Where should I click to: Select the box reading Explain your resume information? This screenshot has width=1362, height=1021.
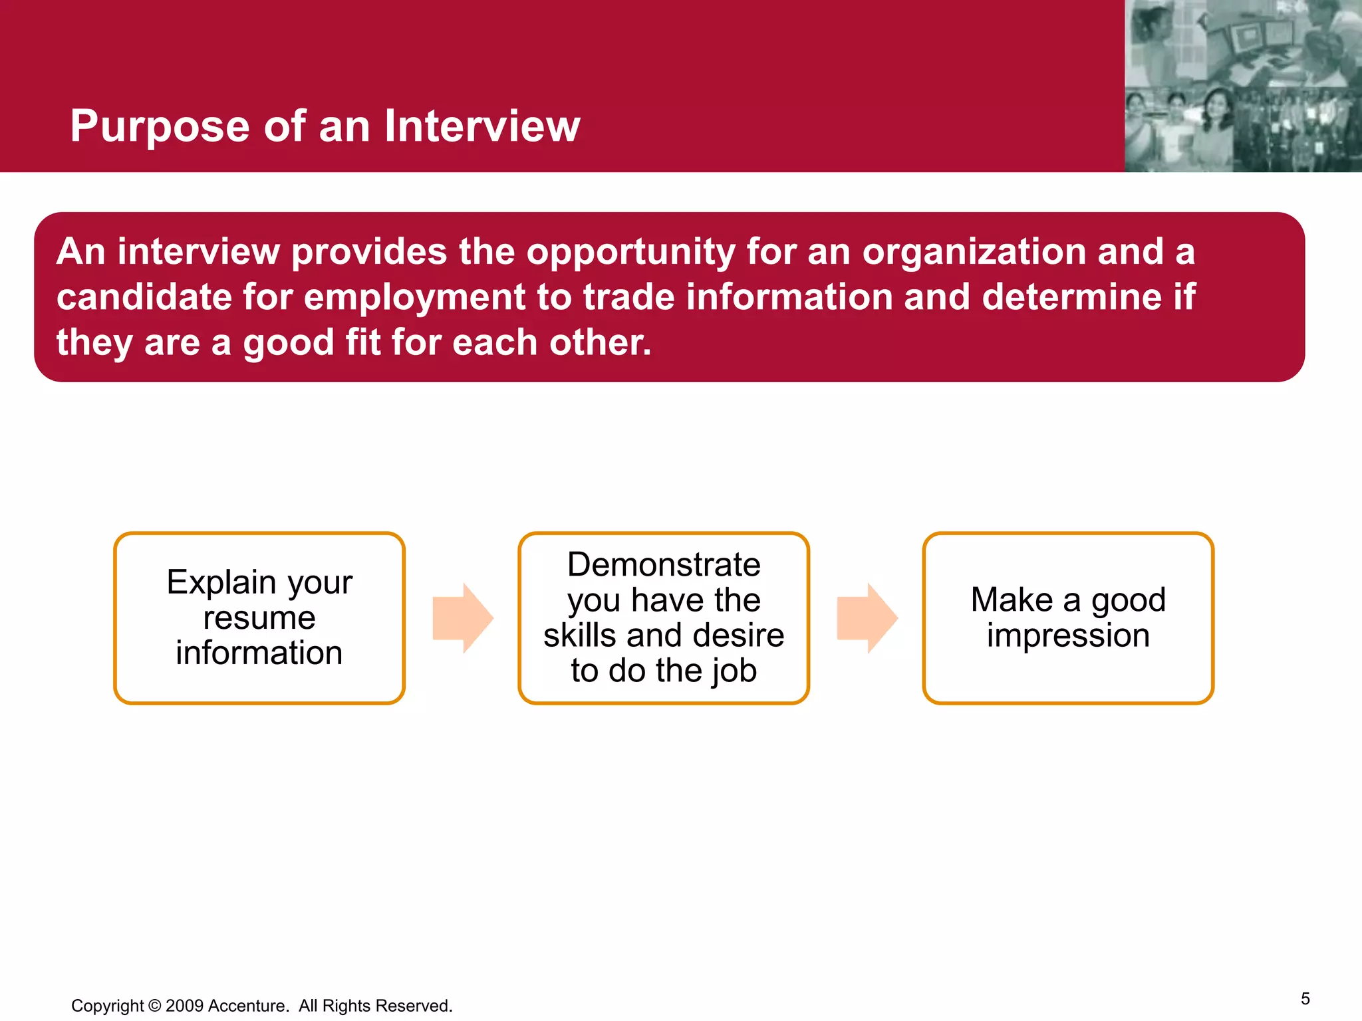coord(259,618)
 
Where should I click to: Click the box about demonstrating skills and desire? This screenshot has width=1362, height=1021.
coord(664,618)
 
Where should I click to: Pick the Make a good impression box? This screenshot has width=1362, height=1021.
coord(1068,618)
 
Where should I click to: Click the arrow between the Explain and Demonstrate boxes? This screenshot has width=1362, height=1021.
coord(463,618)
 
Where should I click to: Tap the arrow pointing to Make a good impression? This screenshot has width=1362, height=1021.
coord(867,618)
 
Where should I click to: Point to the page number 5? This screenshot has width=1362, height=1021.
coord(1305,998)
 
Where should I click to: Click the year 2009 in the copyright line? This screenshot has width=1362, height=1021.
coord(184,1006)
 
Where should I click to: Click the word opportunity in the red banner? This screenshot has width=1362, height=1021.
coord(630,253)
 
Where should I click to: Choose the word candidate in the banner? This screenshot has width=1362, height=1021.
coord(144,297)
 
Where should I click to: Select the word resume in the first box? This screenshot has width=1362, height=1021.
coord(259,618)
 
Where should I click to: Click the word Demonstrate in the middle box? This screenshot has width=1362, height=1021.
coord(664,565)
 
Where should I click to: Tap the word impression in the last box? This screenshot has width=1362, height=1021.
coord(1068,635)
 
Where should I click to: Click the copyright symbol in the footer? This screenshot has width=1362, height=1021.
coord(154,1006)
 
